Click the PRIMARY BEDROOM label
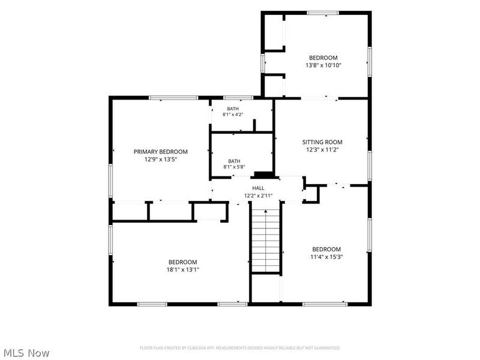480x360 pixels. click(x=160, y=152)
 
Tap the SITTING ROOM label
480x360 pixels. click(x=322, y=142)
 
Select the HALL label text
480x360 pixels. click(x=258, y=188)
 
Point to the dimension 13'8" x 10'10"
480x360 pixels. click(x=323, y=65)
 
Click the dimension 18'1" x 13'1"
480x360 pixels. click(x=183, y=269)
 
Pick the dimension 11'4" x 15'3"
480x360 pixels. click(x=326, y=257)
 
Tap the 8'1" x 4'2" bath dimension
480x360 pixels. click(x=233, y=115)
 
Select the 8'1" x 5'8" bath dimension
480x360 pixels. click(x=234, y=167)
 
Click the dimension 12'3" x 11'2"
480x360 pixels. click(x=322, y=149)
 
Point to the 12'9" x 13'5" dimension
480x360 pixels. click(x=161, y=159)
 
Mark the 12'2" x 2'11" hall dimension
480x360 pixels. click(x=258, y=196)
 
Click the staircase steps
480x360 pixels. click(x=266, y=241)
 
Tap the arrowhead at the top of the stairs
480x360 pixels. click(x=266, y=211)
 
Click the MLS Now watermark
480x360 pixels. click(x=26, y=353)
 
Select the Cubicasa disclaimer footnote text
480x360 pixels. click(x=240, y=348)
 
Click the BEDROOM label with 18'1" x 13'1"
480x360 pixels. click(x=183, y=262)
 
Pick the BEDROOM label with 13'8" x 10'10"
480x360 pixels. click(x=323, y=58)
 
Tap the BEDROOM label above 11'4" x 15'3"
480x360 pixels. click(x=326, y=249)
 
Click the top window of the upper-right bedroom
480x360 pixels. click(x=323, y=13)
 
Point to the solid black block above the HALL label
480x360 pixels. click(x=265, y=175)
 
